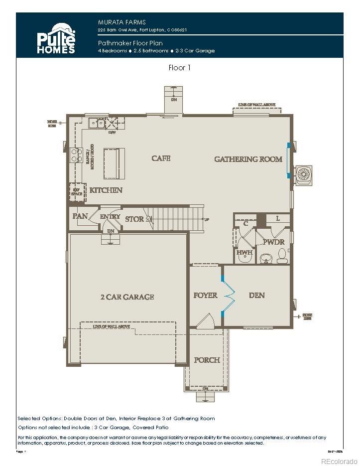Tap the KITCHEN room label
pos(106,190)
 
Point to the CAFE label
pos(161,158)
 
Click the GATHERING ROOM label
pos(248,159)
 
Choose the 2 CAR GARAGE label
pos(127,297)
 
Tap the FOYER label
pos(205,296)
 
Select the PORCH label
pos(207,360)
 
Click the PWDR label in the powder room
pos(273,242)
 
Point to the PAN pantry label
pos(80,216)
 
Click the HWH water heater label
pos(244,253)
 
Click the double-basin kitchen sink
pos(96,123)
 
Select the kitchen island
pos(114,163)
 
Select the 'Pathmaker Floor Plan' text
pos(130,43)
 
